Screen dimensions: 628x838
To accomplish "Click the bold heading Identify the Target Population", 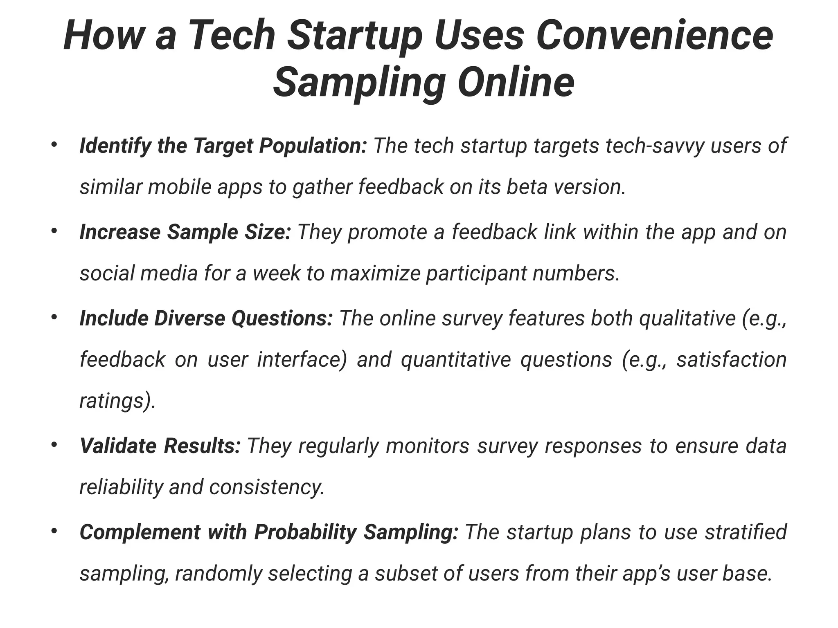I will (223, 146).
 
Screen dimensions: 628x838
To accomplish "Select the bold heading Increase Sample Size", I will (185, 232).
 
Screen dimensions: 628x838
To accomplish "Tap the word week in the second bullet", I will (276, 273).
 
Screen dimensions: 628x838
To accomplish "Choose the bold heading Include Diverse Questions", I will (206, 318).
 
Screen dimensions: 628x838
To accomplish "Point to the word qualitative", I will (687, 318).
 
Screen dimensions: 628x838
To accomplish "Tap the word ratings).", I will (117, 401).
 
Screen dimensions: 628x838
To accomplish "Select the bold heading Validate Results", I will (160, 446).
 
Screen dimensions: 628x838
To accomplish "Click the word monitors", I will (427, 446).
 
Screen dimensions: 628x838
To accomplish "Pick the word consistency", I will (266, 487).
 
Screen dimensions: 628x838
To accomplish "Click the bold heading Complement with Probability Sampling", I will (269, 532).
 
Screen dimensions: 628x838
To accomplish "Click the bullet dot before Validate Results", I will (54, 444).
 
